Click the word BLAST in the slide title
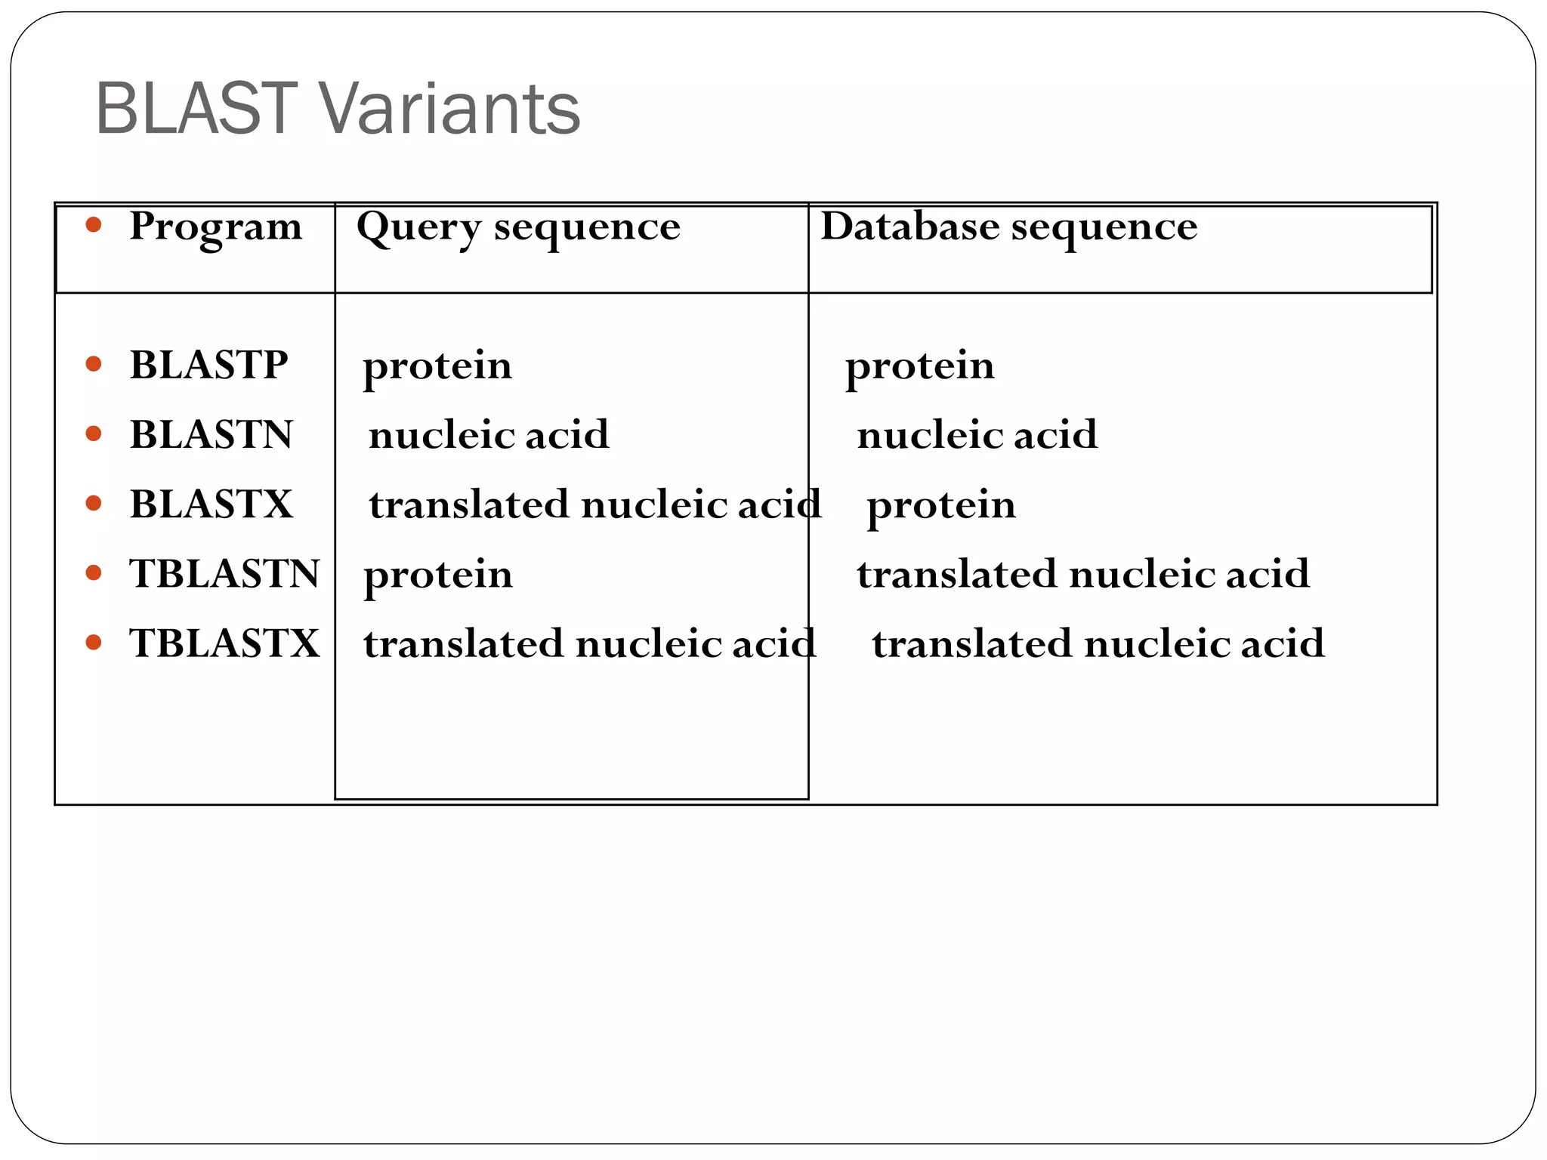point(196,110)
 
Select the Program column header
point(215,227)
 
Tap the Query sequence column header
point(518,227)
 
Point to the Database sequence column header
point(1008,227)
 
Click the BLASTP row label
point(208,366)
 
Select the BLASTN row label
point(211,435)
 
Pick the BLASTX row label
point(211,504)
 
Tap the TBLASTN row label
point(224,574)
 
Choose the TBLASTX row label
point(224,643)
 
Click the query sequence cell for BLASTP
point(437,367)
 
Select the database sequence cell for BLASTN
point(977,435)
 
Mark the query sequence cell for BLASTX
point(594,504)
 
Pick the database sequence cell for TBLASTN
point(1082,574)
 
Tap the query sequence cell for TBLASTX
point(589,643)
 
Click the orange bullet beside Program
point(94,224)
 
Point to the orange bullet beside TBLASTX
point(94,643)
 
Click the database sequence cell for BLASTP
point(919,367)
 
